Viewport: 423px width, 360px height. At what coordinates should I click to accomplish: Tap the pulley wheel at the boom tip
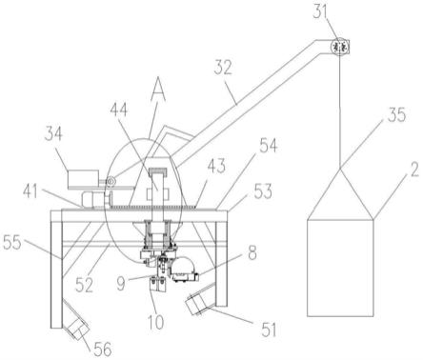[x=339, y=47]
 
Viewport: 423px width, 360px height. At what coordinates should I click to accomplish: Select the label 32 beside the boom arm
[x=223, y=68]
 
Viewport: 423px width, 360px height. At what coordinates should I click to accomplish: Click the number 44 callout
[x=119, y=110]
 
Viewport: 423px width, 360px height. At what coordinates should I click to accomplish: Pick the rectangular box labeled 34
[x=83, y=178]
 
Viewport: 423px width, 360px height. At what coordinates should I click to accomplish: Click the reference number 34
[x=53, y=134]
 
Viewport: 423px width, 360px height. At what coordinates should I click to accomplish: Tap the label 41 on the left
[x=30, y=191]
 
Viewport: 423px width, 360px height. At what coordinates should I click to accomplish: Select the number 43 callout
[x=216, y=166]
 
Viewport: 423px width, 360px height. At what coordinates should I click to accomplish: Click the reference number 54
[x=269, y=146]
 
